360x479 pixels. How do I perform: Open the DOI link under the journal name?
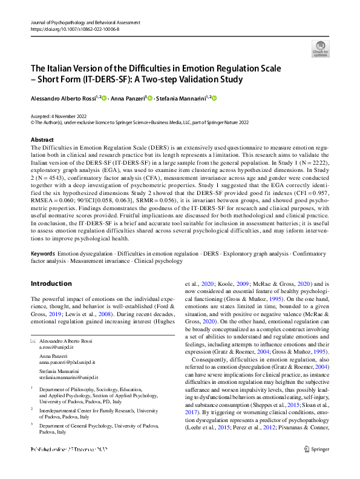(76, 28)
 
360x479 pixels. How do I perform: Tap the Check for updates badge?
(320, 48)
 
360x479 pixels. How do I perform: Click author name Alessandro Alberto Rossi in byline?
(66, 97)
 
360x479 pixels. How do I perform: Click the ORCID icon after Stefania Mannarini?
(214, 97)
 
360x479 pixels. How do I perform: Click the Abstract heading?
(42, 139)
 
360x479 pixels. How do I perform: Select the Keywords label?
(43, 253)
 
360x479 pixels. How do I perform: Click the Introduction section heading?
(51, 283)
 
